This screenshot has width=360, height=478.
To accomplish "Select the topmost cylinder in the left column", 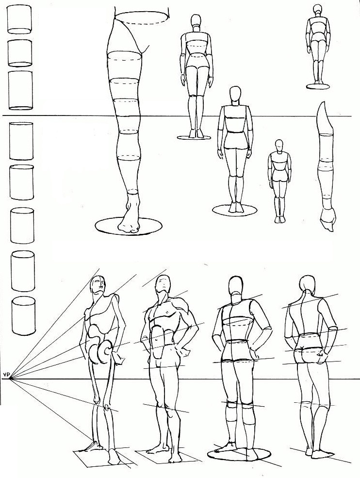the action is click(19, 20).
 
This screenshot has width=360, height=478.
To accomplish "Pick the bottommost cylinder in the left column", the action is click(23, 316).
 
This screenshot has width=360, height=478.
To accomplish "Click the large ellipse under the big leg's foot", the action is click(129, 226).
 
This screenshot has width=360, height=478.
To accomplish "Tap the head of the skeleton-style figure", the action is click(98, 285).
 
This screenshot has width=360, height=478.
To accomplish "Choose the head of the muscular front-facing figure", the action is click(163, 285).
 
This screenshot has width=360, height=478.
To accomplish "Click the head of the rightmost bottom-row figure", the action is click(307, 284).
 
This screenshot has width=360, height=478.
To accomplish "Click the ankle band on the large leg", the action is click(133, 192).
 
